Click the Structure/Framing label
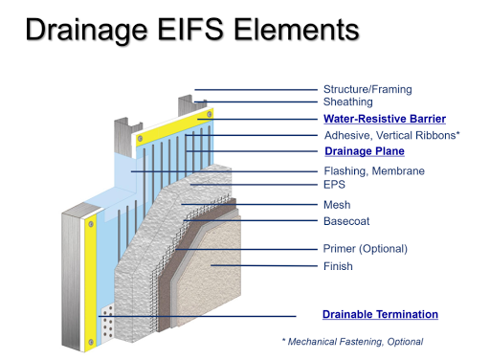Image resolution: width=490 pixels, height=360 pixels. (367, 89)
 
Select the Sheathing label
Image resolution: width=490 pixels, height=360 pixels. (347, 101)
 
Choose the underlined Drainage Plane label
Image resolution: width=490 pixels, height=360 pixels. (365, 151)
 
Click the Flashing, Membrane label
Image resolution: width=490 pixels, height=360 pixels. (373, 171)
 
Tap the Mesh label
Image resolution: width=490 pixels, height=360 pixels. (337, 204)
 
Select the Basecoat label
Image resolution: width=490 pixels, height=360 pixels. (345, 221)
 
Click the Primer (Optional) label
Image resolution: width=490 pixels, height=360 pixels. (365, 249)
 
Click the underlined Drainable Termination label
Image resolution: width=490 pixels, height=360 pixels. (380, 314)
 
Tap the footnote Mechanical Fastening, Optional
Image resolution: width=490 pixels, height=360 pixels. (355, 341)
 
